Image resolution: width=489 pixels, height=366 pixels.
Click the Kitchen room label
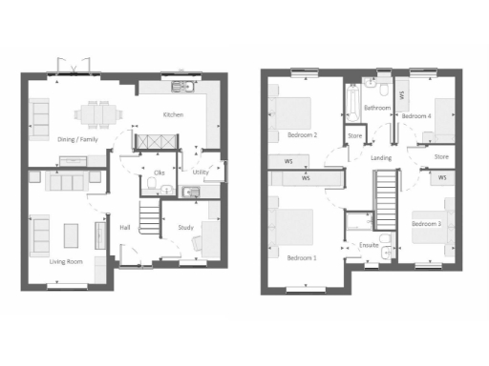coord(173,114)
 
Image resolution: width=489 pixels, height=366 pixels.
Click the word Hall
coord(124,227)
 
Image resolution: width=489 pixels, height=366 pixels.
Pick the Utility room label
coord(201,173)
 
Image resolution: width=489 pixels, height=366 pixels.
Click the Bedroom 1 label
coord(302,257)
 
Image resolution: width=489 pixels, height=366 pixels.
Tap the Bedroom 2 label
coord(302,134)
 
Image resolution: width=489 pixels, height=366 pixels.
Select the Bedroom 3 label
coord(425,224)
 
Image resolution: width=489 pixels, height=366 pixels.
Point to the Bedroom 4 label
coord(416,115)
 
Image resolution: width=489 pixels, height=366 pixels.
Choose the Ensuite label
coord(369,245)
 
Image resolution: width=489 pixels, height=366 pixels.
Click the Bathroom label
coord(377,108)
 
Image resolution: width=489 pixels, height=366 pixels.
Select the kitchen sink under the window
coord(182,89)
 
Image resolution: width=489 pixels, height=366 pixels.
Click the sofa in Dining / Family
coord(40,117)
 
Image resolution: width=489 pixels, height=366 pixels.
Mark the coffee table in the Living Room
coord(71,234)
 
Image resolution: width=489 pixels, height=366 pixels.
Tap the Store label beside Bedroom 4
coord(440,156)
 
